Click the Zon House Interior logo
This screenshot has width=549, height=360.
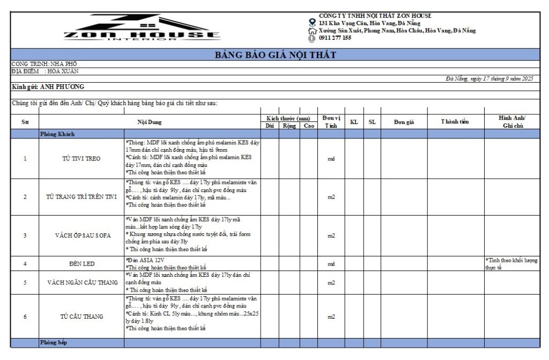click(x=142, y=28)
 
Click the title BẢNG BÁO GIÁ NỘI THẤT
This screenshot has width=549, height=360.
click(x=275, y=55)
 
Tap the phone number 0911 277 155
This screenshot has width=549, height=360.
click(x=335, y=38)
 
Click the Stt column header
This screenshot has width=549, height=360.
click(x=25, y=122)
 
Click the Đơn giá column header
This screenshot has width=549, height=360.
click(x=403, y=122)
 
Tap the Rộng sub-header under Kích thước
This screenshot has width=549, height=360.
click(x=290, y=126)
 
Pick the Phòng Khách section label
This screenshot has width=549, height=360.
click(x=57, y=134)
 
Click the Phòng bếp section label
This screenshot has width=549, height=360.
click(x=53, y=342)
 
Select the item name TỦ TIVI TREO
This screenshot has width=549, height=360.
click(x=81, y=159)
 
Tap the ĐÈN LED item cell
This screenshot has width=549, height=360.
click(x=81, y=264)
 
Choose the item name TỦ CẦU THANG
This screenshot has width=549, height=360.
click(x=81, y=317)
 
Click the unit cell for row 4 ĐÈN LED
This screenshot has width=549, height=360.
click(x=331, y=264)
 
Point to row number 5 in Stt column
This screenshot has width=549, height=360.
click(x=25, y=283)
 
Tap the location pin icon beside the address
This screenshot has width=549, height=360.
click(x=313, y=23)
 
